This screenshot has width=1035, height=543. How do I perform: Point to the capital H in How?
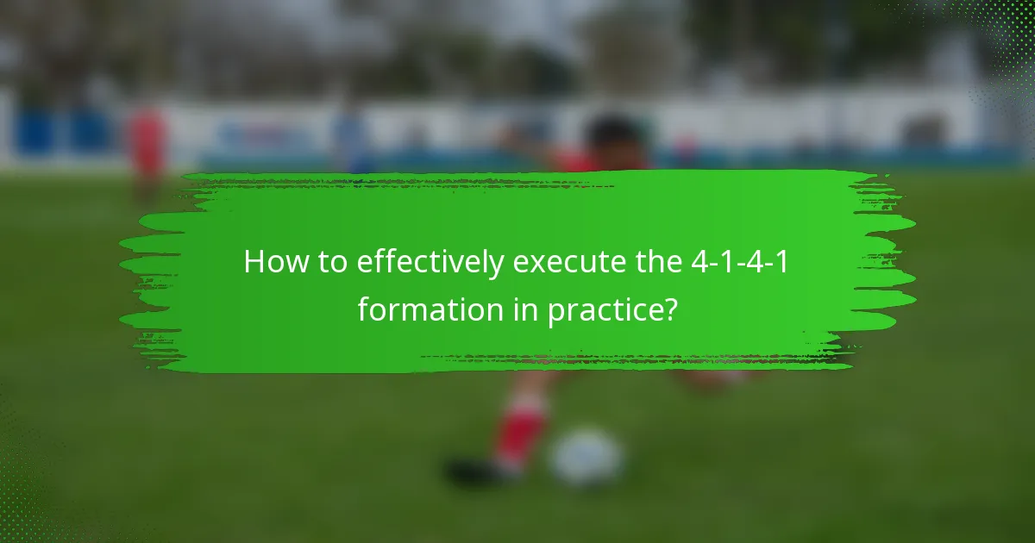(x=254, y=262)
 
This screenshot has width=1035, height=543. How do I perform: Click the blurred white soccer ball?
(x=586, y=457)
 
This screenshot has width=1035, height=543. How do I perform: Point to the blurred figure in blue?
(x=349, y=138)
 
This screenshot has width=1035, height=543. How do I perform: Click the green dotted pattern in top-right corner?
(x=1000, y=34)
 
